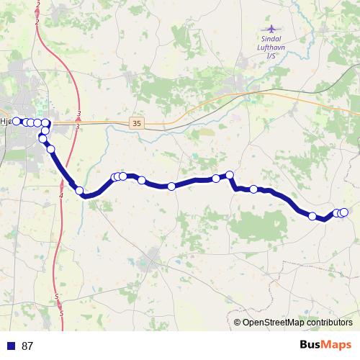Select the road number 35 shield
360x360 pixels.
137,124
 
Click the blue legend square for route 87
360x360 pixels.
11,346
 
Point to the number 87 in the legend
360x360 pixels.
27,346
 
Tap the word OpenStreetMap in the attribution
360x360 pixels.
271,323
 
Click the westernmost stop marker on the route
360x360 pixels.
17,121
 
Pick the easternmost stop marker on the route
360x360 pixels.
343,212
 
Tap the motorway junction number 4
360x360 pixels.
61,196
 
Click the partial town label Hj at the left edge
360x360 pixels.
5,122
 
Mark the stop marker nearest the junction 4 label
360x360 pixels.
80,191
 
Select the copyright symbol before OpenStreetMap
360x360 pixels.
238,323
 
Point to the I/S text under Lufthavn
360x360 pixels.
271,55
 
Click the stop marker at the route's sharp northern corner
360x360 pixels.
230,174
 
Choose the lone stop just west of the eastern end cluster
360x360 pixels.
312,216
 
